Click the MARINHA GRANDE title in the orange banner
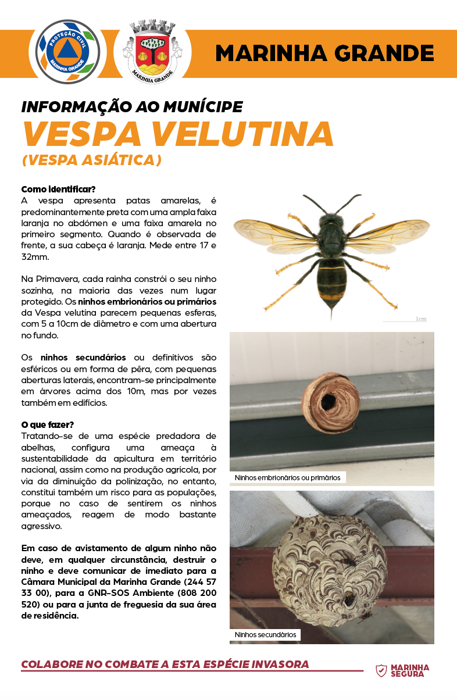tap(324, 53)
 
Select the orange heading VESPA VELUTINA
tap(177, 134)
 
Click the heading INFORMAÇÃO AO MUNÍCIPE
tap(131, 107)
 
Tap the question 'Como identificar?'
tap(58, 190)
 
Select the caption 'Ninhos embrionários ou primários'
tap(288, 477)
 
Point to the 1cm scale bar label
tap(421, 319)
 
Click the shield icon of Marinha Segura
tap(381, 671)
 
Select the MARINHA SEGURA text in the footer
tap(410, 671)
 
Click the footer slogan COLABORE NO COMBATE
tap(165, 665)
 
